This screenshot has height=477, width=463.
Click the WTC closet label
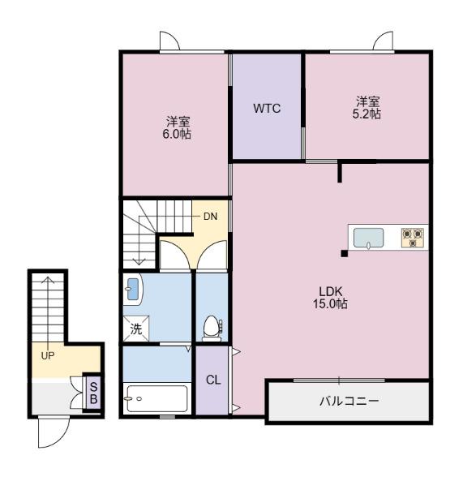(x=267, y=109)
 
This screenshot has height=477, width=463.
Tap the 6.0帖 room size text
(x=177, y=134)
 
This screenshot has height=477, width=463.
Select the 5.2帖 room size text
(x=367, y=114)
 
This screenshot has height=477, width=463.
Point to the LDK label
(x=331, y=291)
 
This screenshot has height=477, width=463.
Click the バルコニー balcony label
(x=349, y=402)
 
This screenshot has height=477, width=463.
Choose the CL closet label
(x=213, y=380)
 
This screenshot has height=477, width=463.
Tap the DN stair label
(x=210, y=217)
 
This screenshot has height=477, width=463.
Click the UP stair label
(x=48, y=355)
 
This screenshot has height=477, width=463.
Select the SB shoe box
(x=93, y=393)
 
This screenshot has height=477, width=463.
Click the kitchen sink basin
(x=368, y=238)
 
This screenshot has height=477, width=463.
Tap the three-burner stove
(x=413, y=237)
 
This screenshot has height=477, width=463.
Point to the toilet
(x=212, y=329)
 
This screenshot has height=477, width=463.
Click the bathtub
(x=157, y=398)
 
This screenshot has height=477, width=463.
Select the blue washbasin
(x=133, y=289)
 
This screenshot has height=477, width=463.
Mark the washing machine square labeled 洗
(x=136, y=329)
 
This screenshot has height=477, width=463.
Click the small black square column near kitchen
(x=344, y=253)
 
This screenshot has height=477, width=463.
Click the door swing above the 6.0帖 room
(x=169, y=41)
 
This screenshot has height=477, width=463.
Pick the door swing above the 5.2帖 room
(x=383, y=41)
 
